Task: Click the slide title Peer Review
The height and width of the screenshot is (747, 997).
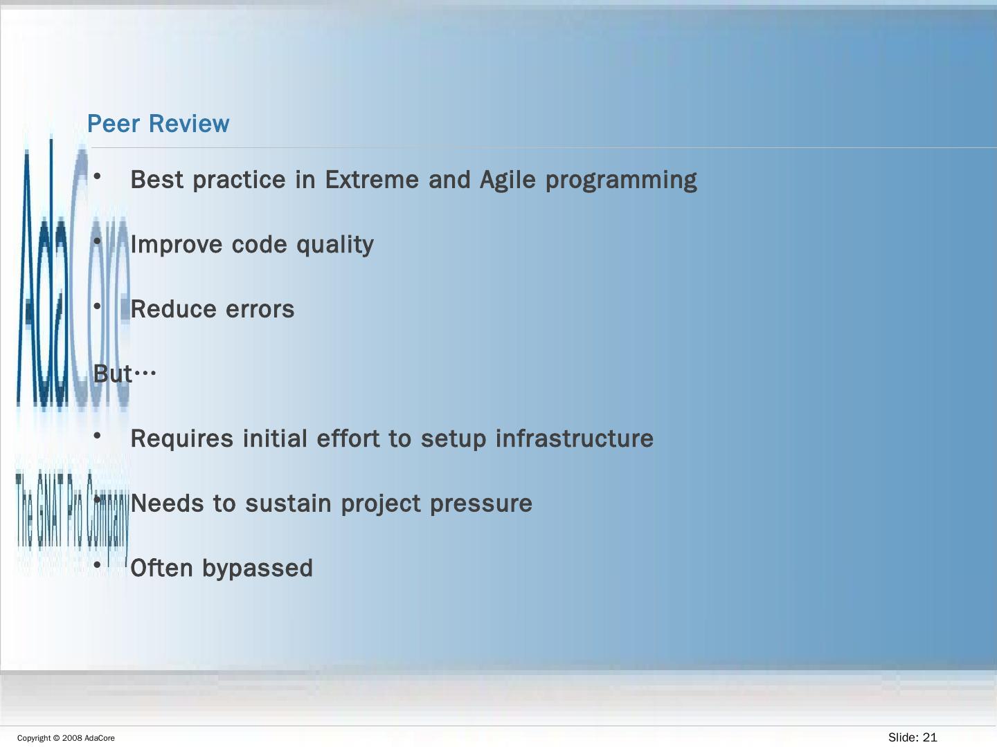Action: coord(158,123)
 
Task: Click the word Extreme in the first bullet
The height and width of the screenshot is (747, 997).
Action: coord(372,180)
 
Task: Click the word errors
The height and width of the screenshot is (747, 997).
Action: coord(260,310)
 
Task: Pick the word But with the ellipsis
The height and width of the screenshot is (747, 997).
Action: coord(125,374)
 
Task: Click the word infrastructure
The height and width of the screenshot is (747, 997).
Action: coord(574,439)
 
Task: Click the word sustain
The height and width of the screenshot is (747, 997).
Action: coord(289,504)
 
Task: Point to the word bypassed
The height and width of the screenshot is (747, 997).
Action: coord(258,569)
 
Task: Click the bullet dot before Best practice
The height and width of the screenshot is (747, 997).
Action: coord(97,176)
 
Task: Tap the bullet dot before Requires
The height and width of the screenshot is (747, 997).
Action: coord(97,436)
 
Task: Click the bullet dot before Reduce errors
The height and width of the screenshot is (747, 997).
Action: coord(97,306)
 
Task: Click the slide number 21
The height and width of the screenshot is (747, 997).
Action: coord(930,737)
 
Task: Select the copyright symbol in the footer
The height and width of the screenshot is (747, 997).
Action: coord(56,738)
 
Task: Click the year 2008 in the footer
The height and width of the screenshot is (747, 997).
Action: coord(72,738)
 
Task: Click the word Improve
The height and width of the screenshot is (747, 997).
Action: coord(177,246)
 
